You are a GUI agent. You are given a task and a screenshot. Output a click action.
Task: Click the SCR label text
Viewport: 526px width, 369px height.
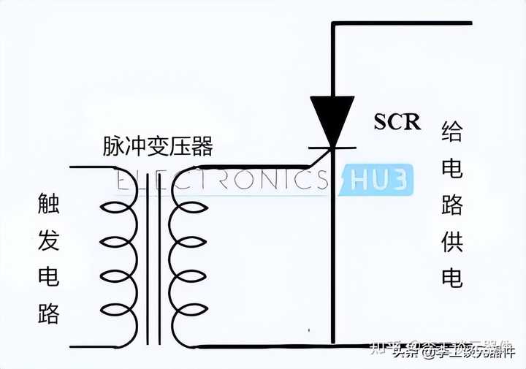point(397,121)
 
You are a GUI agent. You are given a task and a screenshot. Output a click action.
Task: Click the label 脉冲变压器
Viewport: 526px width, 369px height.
point(159,147)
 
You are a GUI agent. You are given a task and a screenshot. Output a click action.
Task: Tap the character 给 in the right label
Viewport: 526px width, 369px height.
point(452,133)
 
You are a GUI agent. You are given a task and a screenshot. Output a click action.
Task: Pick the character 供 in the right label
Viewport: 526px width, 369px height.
point(452,242)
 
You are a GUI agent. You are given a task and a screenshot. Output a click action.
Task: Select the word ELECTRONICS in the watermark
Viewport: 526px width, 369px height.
point(223,180)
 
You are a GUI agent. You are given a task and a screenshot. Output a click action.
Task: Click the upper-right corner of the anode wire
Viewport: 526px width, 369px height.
point(333,24)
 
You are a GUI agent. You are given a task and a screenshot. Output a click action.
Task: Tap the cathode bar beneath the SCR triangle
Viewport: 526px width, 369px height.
point(333,148)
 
